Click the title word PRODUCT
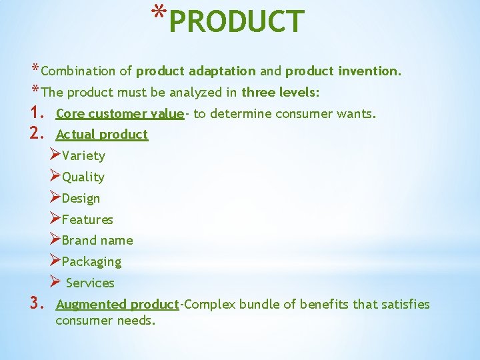[x=237, y=21]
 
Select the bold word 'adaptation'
[x=222, y=71]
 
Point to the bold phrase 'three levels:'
[x=281, y=92]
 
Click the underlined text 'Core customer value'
[x=120, y=113]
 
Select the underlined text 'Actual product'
[x=102, y=135]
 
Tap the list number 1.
[x=37, y=113]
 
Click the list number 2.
[x=37, y=134]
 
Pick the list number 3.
[x=37, y=304]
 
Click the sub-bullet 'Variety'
[x=83, y=156]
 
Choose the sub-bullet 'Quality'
[x=83, y=177]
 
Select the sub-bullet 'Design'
[x=81, y=199]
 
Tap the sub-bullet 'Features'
[x=87, y=219]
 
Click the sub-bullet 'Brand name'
[x=97, y=241]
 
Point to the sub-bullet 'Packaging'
[x=91, y=262]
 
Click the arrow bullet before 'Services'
[x=55, y=283]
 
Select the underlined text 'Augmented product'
[x=118, y=305]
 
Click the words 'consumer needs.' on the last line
[x=105, y=321]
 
